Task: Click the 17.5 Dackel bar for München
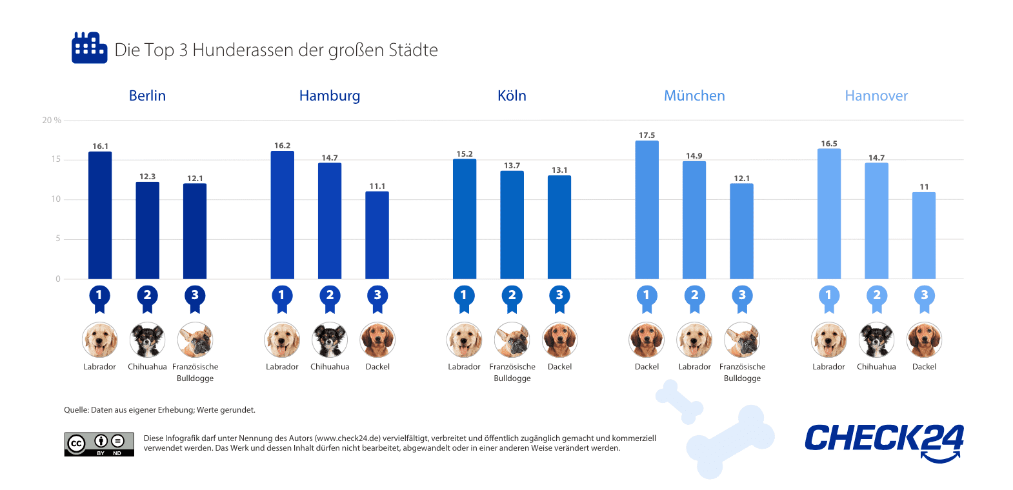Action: (x=647, y=210)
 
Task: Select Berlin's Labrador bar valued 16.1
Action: (x=100, y=215)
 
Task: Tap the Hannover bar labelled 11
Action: (x=924, y=235)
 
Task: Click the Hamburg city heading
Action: (x=330, y=96)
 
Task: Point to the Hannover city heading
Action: (x=876, y=96)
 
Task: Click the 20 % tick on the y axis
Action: (x=52, y=121)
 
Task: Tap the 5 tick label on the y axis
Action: (x=57, y=239)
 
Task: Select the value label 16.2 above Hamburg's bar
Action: (x=282, y=146)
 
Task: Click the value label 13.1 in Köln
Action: (x=559, y=170)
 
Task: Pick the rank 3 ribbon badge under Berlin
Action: (x=195, y=297)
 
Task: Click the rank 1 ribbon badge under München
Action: (x=647, y=297)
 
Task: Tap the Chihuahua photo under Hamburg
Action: (x=330, y=340)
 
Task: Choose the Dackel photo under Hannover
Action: (x=924, y=340)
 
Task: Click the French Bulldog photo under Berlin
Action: (x=195, y=340)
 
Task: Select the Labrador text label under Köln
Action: (x=464, y=367)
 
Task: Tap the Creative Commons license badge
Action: (x=99, y=444)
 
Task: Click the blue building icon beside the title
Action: (x=89, y=48)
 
